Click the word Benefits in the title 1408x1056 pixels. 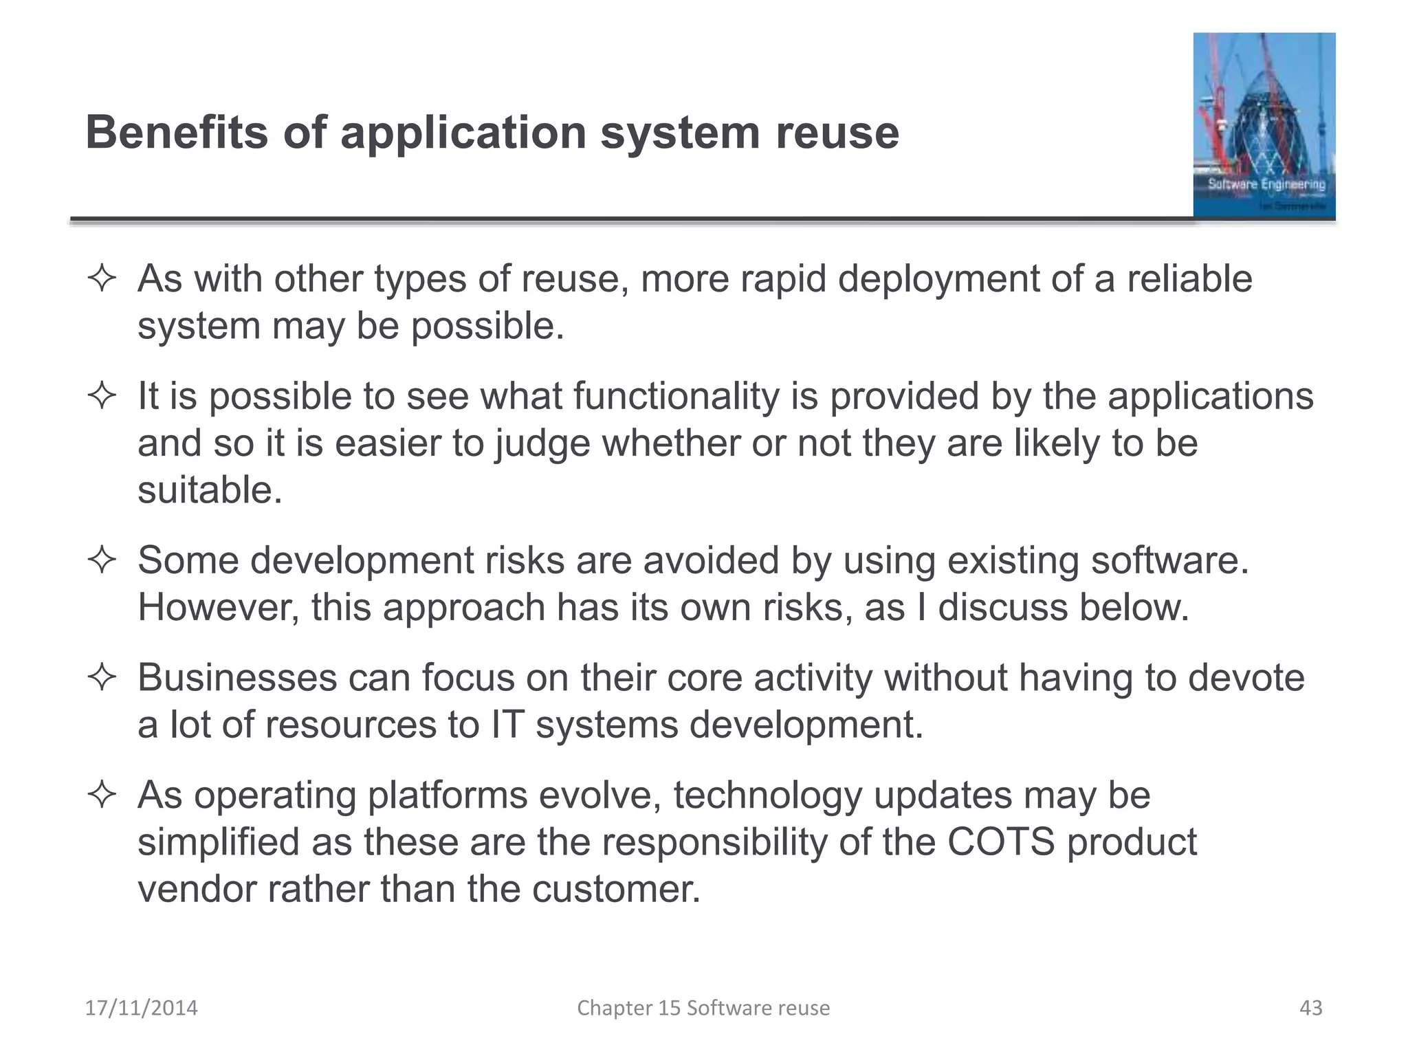click(176, 132)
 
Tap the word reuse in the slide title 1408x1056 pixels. click(837, 133)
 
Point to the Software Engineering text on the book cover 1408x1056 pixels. click(1266, 184)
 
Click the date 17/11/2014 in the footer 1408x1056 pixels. click(141, 1008)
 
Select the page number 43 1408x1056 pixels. click(1310, 1008)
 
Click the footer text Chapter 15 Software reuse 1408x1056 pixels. click(703, 1008)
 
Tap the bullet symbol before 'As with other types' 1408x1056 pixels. click(102, 280)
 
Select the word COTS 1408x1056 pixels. click(1000, 842)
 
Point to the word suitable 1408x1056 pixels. click(209, 490)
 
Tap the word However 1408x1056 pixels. click(218, 608)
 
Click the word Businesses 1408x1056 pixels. click(236, 678)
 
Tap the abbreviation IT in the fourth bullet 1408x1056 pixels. click(507, 725)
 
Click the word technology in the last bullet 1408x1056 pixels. click(767, 795)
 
